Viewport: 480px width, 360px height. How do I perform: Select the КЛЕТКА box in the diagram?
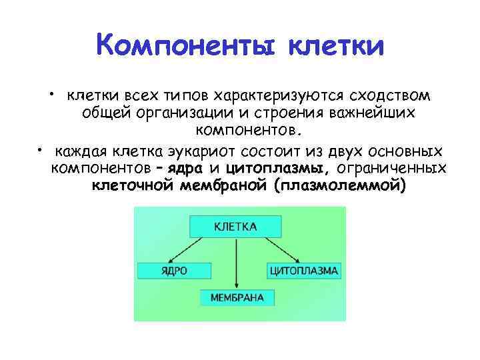[235, 227]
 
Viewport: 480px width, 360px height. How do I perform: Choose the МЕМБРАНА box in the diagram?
[236, 297]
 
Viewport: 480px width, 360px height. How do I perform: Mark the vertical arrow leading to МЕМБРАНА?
[236, 263]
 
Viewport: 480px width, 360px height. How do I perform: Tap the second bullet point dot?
[41, 147]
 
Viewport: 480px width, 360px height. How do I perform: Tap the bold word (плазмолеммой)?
[339, 185]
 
